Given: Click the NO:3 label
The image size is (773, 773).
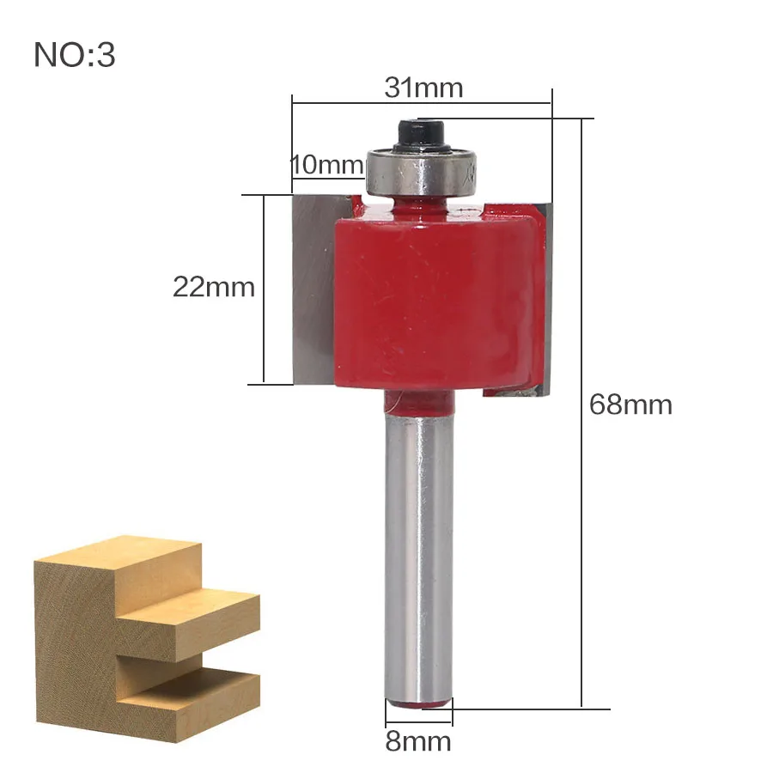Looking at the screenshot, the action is point(75,54).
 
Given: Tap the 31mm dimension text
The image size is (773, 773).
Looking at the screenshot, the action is point(423,88).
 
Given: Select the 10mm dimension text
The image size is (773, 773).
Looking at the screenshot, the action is point(327,165).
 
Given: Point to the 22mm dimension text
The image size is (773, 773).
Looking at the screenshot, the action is point(214,286).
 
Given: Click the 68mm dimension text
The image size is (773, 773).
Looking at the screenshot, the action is point(630,405).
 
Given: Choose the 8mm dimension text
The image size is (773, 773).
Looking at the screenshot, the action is point(418,741).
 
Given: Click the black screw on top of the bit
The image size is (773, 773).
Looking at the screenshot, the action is point(421,135).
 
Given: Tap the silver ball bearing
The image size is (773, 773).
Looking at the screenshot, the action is point(421,171).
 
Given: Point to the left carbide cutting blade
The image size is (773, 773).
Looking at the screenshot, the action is point(315,289).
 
